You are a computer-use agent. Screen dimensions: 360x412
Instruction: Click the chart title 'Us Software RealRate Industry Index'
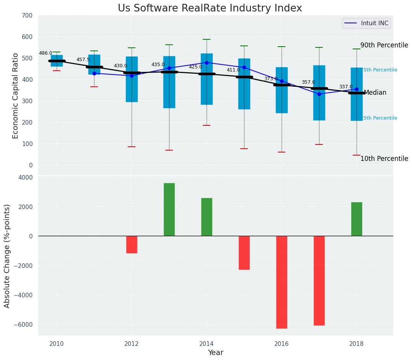(x=210, y=8)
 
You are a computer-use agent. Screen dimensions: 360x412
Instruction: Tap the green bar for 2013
(x=169, y=209)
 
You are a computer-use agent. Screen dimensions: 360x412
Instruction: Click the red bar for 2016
(x=282, y=282)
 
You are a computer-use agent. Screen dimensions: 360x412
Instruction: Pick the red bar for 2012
(x=132, y=245)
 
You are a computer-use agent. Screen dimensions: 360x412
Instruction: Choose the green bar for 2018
(x=357, y=219)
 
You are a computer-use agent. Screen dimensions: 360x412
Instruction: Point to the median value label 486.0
(x=46, y=54)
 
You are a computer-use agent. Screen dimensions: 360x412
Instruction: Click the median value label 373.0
(x=271, y=79)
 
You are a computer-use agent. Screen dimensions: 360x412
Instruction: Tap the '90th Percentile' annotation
(x=384, y=45)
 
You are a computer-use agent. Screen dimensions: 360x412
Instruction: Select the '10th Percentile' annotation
(x=384, y=159)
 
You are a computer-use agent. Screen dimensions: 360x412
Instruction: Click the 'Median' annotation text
(x=375, y=93)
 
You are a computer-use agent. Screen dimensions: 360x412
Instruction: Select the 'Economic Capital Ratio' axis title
(x=16, y=96)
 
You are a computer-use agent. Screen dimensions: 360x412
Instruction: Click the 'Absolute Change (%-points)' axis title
(x=7, y=256)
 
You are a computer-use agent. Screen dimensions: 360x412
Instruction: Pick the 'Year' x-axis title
(x=215, y=353)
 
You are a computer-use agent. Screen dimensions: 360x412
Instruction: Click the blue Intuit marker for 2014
(x=207, y=63)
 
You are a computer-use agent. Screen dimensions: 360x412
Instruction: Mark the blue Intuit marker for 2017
(x=319, y=94)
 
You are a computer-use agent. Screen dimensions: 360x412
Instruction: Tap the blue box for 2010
(x=57, y=61)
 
